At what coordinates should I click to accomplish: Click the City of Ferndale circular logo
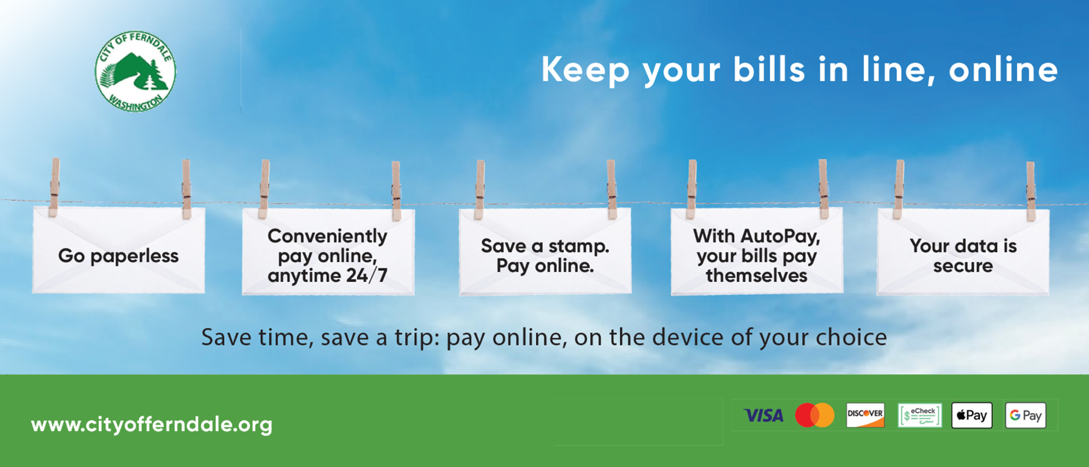(135, 72)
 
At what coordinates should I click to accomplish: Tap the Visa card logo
(763, 416)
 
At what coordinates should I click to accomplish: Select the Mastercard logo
(815, 415)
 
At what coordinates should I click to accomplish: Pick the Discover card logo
(865, 415)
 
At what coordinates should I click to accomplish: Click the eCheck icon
(920, 415)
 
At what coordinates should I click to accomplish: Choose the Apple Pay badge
(972, 415)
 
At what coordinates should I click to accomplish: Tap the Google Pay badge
(1026, 415)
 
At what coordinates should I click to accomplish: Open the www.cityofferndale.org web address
(152, 425)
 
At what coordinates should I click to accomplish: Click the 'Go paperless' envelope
(119, 250)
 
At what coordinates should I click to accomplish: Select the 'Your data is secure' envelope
(963, 251)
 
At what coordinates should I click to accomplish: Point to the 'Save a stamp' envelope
(545, 251)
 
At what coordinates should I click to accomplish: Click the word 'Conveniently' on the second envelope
(327, 236)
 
